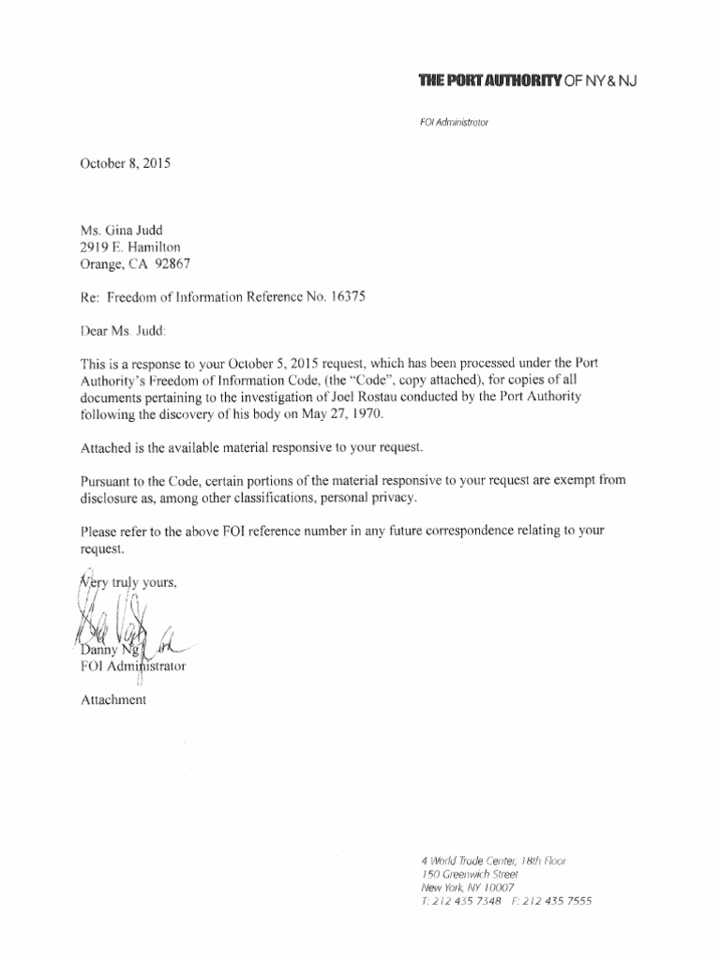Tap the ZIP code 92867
pyautogui.click(x=180, y=263)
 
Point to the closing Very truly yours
pyautogui.click(x=127, y=581)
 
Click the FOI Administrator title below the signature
pyautogui.click(x=133, y=667)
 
